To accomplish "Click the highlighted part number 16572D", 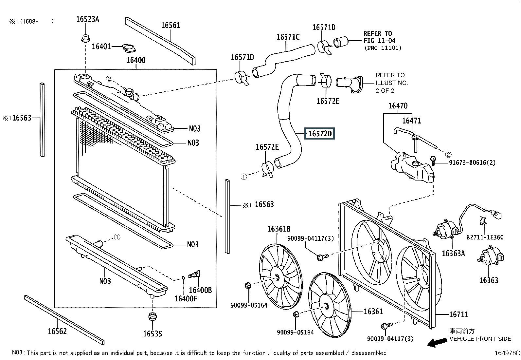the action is coord(320,133).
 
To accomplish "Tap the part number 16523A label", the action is coord(88,19).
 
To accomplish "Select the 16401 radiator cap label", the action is coord(101,46).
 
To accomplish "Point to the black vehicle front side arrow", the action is coord(437,342).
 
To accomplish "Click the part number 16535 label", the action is coord(153,334).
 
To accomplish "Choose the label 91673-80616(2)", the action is coord(472,162).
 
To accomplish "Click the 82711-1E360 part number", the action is coord(485,237).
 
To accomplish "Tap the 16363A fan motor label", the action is coord(453,253).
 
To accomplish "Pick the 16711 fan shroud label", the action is coord(458,314).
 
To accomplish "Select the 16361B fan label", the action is coord(279,229).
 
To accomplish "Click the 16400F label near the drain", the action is coord(186,298).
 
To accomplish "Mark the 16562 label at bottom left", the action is coord(57,331).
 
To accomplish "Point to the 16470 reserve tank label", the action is coord(398,106).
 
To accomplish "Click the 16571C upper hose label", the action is coord(288,37).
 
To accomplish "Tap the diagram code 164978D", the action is coord(507,353).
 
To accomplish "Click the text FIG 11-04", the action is coord(379,41).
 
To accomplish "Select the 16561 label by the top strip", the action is coord(171,25).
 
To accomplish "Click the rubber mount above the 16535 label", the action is coord(153,317).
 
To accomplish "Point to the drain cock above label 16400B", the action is coord(194,274).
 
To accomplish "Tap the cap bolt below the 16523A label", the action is coord(86,38).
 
